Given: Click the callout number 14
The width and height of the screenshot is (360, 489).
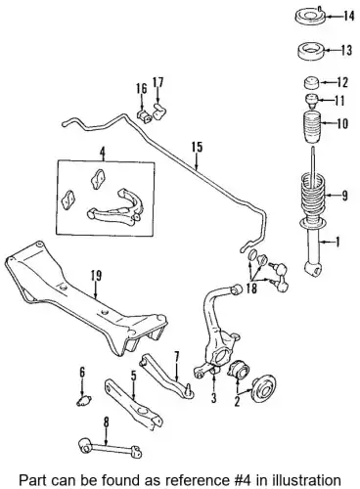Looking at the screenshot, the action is pos(348,16).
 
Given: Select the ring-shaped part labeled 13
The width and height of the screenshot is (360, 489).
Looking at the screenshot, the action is pos(310,52).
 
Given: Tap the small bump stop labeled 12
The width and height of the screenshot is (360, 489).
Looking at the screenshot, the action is pos(311,83).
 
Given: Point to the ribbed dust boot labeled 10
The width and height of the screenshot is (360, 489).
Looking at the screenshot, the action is pos(313,129).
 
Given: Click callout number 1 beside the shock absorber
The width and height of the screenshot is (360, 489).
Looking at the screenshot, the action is pos(337,242).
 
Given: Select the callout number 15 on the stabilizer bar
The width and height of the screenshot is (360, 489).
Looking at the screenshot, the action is pos(198,147).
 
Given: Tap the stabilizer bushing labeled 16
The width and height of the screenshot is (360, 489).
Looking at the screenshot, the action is pos(144,116).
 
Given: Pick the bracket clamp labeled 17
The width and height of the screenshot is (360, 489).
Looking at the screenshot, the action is pos(159,111).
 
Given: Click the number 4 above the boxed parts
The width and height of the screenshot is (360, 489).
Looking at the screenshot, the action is pos(103,153).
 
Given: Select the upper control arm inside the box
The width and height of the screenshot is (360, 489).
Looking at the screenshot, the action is pos(115,208).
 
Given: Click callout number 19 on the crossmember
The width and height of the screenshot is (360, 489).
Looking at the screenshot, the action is pos(96,276).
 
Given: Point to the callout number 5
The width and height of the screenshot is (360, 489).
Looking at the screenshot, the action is pos(134,377).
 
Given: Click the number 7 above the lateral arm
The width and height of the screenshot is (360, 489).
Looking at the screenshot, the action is pos(177,357).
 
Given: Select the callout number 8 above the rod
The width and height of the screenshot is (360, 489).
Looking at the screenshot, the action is pos(106,422).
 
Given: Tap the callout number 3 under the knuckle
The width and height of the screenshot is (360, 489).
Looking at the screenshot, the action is pos(214,398).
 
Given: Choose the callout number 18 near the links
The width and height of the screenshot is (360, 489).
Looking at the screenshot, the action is pos(251,289).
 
